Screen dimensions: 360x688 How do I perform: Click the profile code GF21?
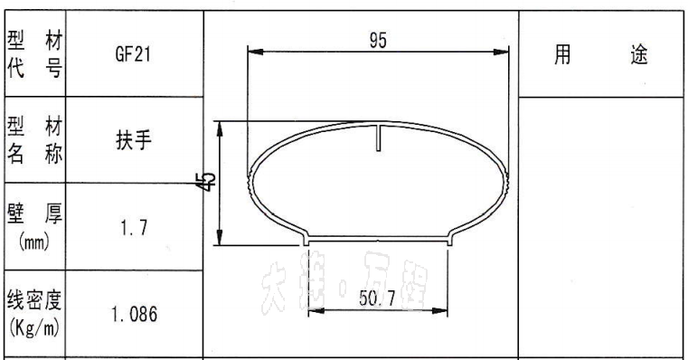pos(133,54)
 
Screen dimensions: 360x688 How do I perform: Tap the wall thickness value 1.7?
pos(133,228)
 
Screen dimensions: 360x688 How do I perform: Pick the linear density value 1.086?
pos(134,315)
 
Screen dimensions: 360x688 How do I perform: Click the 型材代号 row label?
pos(34,54)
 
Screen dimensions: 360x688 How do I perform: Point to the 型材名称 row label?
pos(34,140)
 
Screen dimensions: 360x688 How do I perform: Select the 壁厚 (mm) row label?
pos(34,228)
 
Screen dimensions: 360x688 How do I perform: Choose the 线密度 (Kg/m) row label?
pos(34,314)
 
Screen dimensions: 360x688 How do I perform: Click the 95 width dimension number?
pos(379,41)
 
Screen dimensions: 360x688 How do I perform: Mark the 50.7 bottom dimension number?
pos(377,299)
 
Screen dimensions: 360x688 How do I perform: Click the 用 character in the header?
pos(562,55)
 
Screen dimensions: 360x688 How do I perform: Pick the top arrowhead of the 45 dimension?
pos(220,128)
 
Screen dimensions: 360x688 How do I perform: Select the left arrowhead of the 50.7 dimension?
pos(314,310)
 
